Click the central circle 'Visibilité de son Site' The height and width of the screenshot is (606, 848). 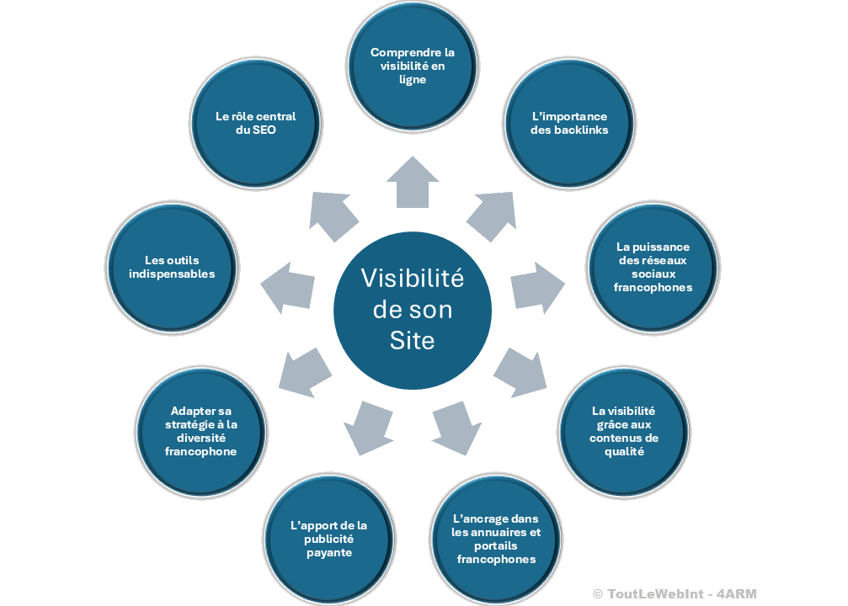pyautogui.click(x=412, y=311)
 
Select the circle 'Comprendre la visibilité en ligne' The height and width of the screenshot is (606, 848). pyautogui.click(x=412, y=66)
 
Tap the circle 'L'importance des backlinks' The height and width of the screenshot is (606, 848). pyautogui.click(x=568, y=123)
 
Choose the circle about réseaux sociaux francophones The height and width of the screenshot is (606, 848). pyautogui.click(x=653, y=268)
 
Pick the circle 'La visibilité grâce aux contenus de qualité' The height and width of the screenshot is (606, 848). pyautogui.click(x=624, y=432)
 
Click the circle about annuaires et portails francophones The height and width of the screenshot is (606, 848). pyautogui.click(x=495, y=540)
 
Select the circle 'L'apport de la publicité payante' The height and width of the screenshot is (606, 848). pyautogui.click(x=328, y=540)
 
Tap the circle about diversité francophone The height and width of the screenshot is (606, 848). pyautogui.click(x=201, y=432)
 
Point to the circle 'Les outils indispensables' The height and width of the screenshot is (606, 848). pyautogui.click(x=173, y=268)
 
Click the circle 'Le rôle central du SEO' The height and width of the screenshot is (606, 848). pyautogui.click(x=255, y=123)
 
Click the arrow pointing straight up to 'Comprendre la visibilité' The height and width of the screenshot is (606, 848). pyautogui.click(x=413, y=182)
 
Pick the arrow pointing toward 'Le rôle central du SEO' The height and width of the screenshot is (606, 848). pyautogui.click(x=332, y=214)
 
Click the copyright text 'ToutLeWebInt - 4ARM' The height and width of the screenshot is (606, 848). pyautogui.click(x=674, y=594)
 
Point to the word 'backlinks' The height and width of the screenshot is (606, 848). pyautogui.click(x=581, y=130)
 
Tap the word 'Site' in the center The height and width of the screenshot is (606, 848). pyautogui.click(x=412, y=340)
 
